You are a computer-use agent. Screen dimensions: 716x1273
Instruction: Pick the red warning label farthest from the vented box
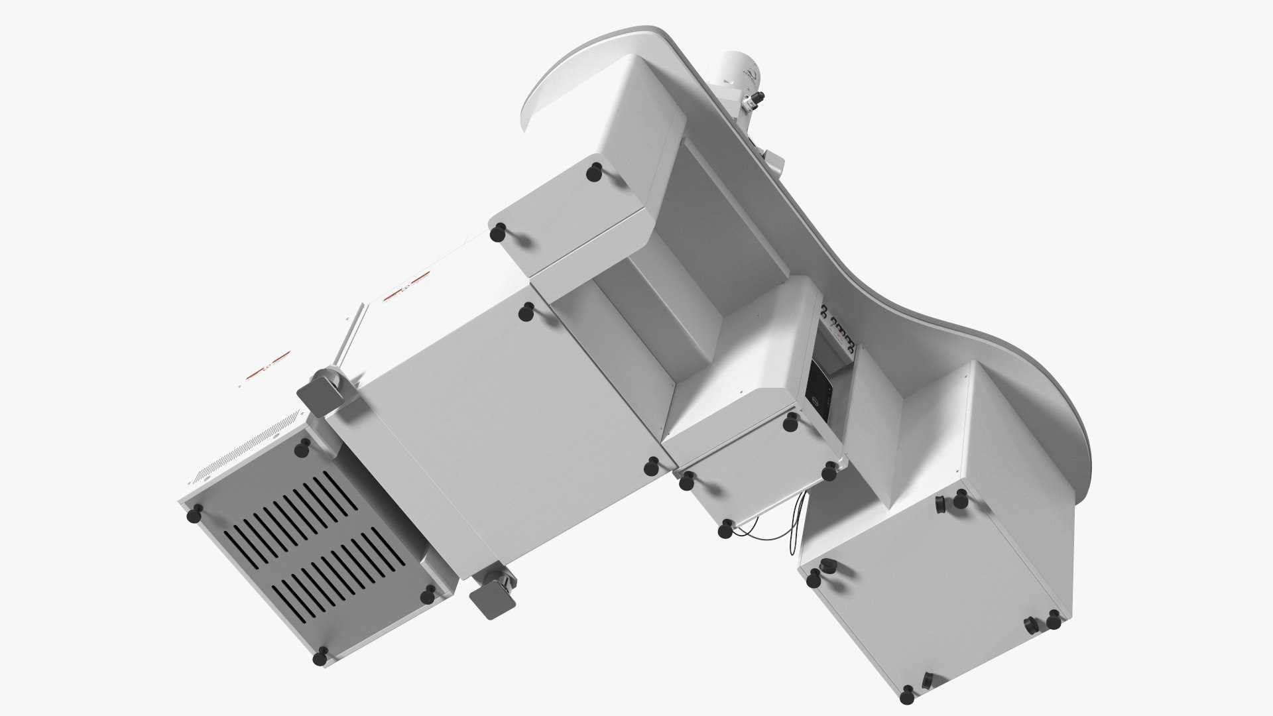point(402,289)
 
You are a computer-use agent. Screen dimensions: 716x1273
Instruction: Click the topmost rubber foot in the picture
point(594,171)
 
